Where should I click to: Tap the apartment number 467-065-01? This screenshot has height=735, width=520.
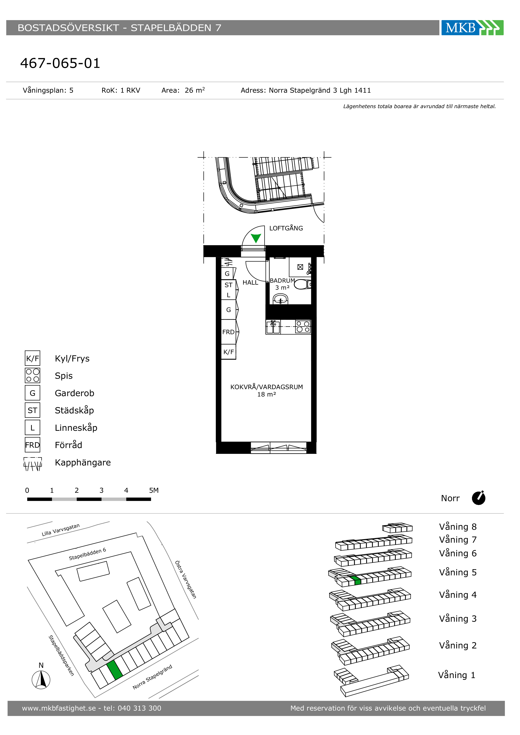[x=60, y=63]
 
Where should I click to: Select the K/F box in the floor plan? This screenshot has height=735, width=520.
[x=228, y=352]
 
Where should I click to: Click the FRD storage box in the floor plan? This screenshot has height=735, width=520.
[x=228, y=332]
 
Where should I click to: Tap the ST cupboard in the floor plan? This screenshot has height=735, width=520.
[x=228, y=285]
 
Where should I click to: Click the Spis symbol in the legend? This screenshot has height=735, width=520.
[x=32, y=375]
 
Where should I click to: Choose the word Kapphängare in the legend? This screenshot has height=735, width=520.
[x=83, y=463]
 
